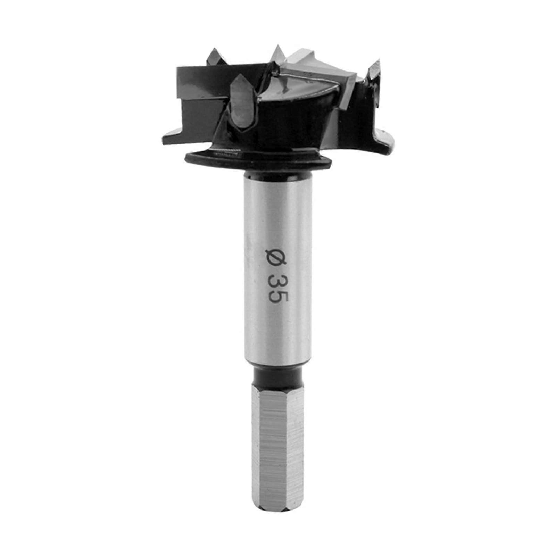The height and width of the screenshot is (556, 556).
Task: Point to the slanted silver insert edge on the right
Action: point(347,101)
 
